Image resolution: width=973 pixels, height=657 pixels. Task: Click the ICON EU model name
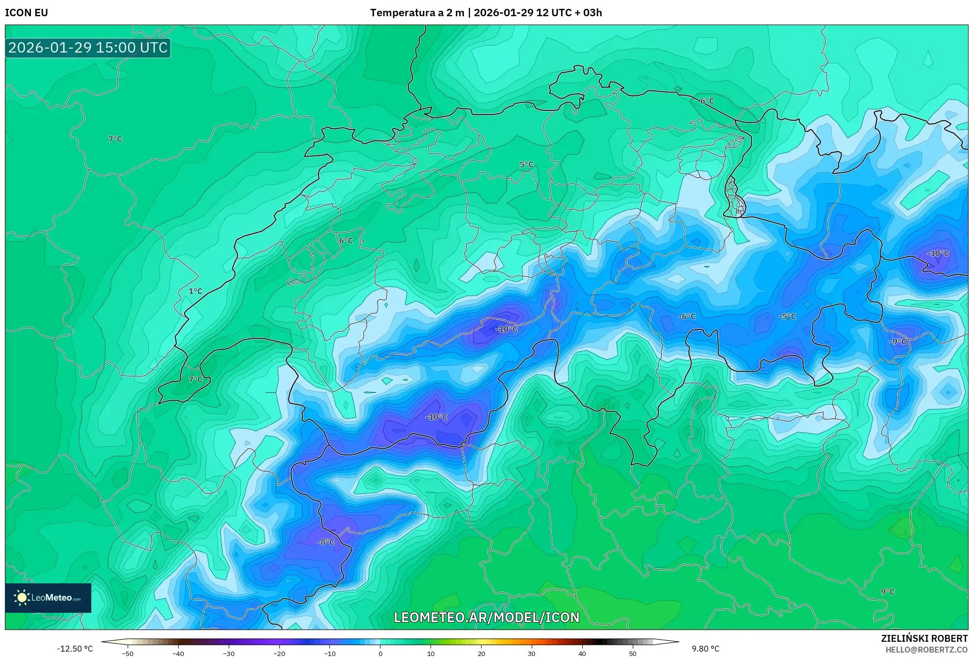click(27, 13)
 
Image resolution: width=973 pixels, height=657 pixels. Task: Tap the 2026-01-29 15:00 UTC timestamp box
click(88, 48)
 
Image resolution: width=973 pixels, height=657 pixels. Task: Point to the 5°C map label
click(526, 164)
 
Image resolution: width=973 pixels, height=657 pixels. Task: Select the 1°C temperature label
click(195, 291)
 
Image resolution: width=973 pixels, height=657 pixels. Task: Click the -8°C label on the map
click(326, 542)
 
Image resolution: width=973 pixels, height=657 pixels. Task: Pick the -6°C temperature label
click(687, 317)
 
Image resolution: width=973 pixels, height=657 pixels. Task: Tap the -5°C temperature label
click(787, 317)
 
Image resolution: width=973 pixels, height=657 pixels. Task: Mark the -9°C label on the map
click(898, 342)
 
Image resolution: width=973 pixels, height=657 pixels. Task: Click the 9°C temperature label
click(888, 592)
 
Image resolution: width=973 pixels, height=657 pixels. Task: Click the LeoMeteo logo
click(48, 598)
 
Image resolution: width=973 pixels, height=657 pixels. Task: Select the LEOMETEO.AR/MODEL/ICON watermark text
click(486, 617)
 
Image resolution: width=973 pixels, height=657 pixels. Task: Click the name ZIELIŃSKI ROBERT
click(924, 638)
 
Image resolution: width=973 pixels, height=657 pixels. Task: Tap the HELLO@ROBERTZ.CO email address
click(926, 650)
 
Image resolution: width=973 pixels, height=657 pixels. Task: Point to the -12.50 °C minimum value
click(75, 649)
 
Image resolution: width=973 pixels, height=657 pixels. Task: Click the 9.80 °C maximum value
click(705, 649)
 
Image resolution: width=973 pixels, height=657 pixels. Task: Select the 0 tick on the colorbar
click(380, 654)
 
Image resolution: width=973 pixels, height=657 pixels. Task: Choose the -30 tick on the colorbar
click(228, 654)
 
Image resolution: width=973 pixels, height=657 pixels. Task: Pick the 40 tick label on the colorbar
click(582, 654)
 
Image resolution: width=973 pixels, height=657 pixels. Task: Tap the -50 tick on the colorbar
click(127, 654)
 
